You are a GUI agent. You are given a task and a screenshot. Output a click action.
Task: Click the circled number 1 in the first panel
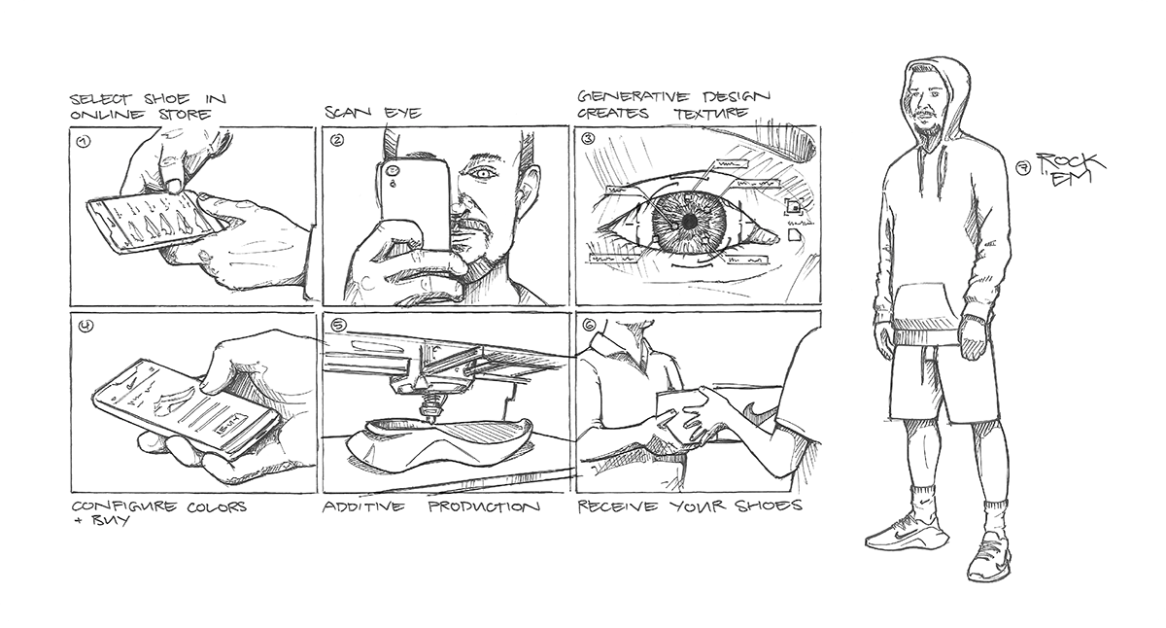tap(83, 141)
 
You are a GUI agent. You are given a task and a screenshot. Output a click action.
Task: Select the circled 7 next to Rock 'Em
tap(1023, 168)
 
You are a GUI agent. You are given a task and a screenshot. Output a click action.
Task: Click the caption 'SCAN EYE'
tap(373, 113)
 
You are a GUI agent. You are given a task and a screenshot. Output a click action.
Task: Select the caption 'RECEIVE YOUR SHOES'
tap(689, 507)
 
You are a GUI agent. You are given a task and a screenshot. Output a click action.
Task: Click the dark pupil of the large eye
tap(688, 222)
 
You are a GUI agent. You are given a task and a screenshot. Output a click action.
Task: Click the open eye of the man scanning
tap(480, 174)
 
